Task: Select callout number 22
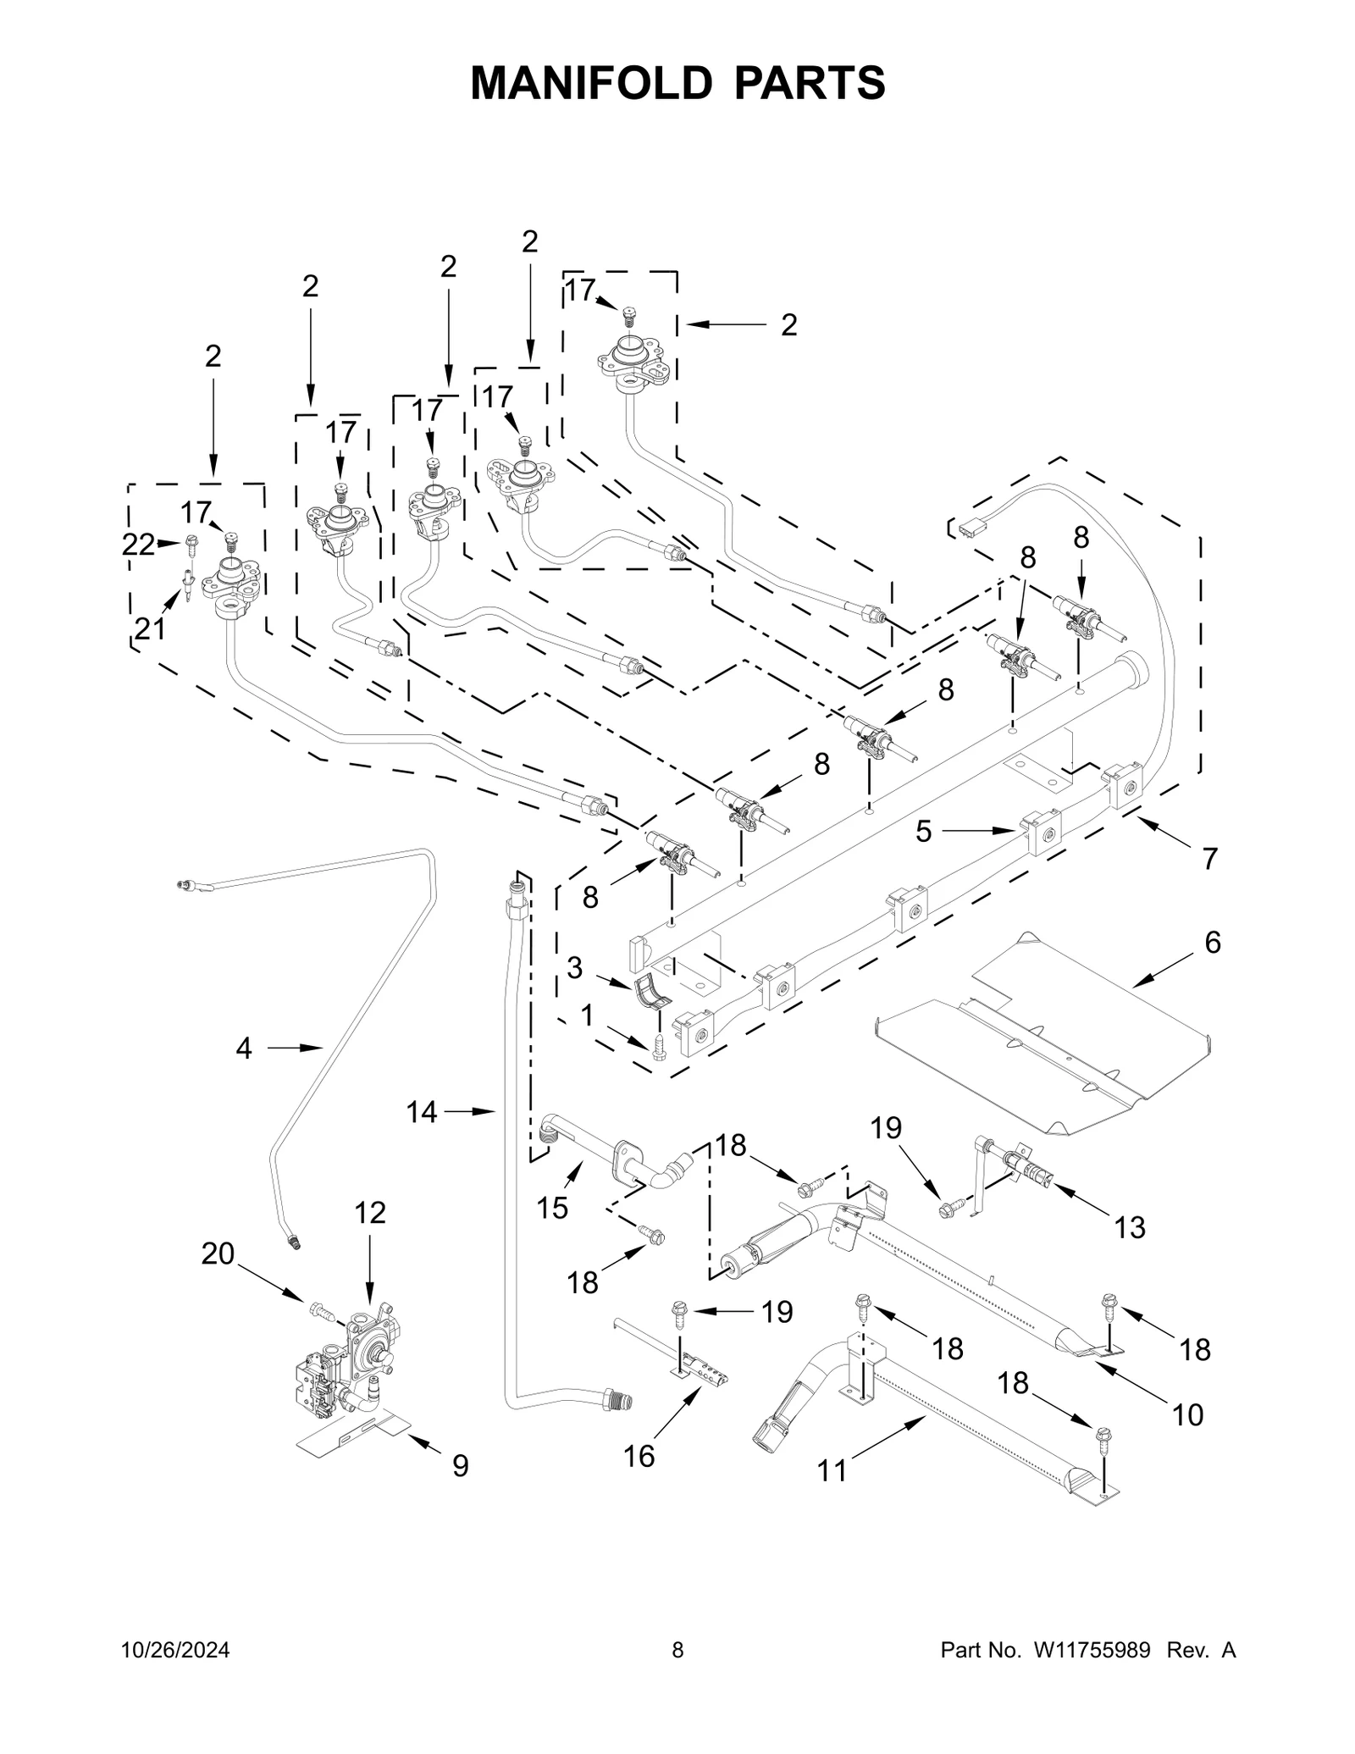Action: [138, 545]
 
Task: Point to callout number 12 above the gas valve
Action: [369, 1213]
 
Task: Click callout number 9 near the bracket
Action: [460, 1465]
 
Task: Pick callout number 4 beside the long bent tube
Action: [244, 1049]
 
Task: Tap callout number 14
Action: [422, 1111]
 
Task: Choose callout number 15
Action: [552, 1208]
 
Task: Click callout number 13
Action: [1130, 1226]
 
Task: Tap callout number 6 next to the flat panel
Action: [1213, 942]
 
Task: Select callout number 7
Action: [1210, 859]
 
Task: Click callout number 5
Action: [923, 832]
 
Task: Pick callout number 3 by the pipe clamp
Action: [575, 967]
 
